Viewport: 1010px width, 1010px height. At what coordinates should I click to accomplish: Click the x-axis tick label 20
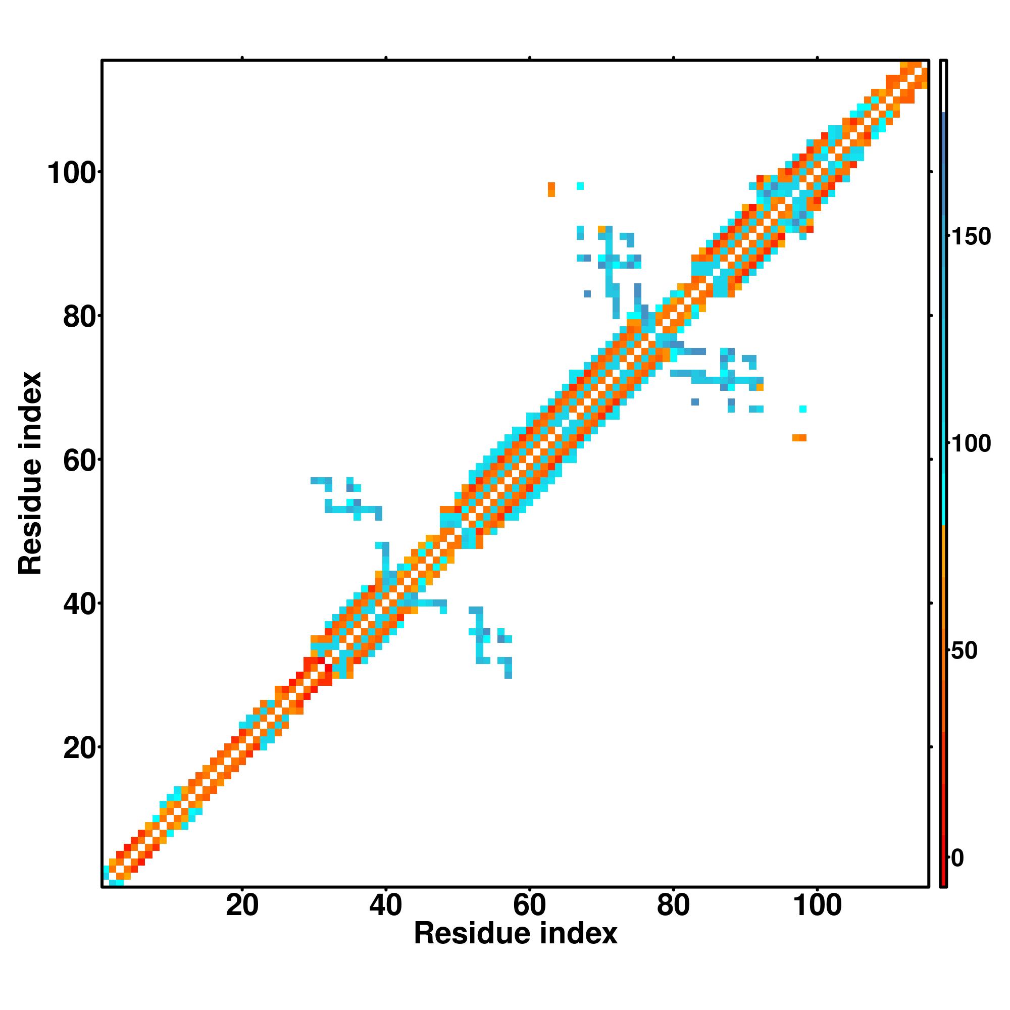(242, 906)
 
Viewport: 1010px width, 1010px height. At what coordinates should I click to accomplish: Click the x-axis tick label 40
(386, 906)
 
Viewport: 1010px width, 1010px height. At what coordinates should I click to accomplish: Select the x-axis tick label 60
(530, 906)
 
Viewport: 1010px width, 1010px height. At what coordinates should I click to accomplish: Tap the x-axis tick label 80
(673, 906)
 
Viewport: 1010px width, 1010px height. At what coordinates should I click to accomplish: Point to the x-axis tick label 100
(818, 906)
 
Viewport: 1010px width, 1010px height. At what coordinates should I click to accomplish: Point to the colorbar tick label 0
(957, 858)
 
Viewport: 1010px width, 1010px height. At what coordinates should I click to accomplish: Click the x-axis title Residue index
(516, 934)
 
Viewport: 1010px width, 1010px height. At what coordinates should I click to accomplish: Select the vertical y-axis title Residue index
(30, 473)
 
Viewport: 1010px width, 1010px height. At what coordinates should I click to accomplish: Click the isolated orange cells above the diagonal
(551, 189)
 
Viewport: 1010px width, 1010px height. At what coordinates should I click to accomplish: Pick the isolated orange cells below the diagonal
(799, 437)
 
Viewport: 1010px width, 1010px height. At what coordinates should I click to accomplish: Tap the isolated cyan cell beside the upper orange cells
(580, 185)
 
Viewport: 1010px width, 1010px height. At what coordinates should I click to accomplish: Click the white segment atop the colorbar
(944, 86)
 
